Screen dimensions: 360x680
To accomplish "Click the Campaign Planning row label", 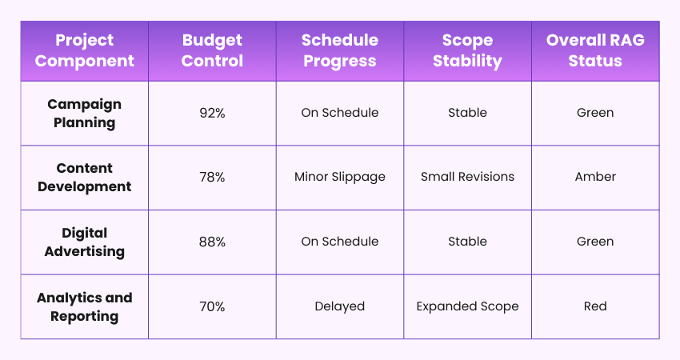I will click(84, 113).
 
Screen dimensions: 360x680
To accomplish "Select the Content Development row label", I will click(84, 177).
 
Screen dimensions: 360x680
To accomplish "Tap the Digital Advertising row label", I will click(84, 242).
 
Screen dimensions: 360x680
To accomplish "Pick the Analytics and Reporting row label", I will click(84, 306).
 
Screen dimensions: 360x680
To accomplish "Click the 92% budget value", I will click(212, 113).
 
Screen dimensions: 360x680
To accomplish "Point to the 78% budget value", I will click(212, 177).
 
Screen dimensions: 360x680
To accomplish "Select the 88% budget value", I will click(212, 242).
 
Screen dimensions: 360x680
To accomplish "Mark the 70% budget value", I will click(212, 306).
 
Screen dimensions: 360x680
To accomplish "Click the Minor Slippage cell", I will click(340, 177).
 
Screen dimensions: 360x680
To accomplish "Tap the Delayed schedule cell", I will click(340, 306).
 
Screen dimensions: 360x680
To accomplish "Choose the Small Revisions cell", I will click(467, 177).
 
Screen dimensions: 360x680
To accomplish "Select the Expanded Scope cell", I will click(467, 306).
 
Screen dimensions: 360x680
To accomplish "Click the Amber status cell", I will click(595, 177).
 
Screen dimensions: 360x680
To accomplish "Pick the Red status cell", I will click(595, 306).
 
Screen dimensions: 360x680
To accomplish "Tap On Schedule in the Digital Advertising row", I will click(340, 242).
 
